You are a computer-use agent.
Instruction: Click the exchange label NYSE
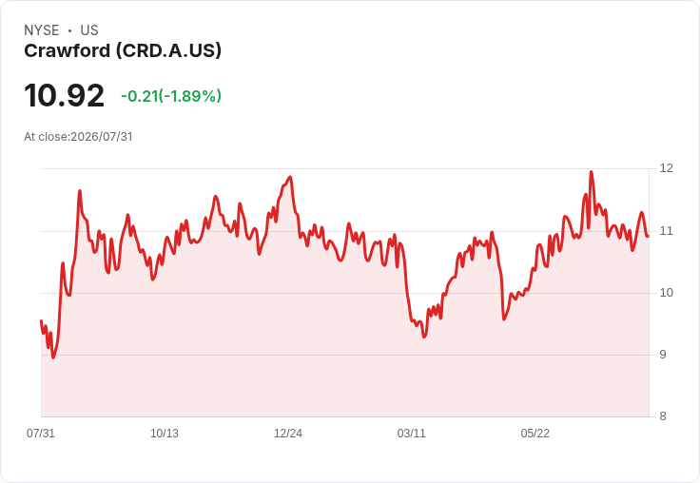[x=42, y=30]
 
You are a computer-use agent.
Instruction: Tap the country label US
[x=89, y=30]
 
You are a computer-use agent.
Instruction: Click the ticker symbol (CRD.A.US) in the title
[x=168, y=51]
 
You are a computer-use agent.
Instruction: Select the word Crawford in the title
[x=67, y=51]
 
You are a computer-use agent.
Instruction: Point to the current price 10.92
[x=65, y=96]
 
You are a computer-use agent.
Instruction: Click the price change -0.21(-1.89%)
[x=171, y=96]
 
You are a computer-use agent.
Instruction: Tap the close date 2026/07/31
[x=102, y=137]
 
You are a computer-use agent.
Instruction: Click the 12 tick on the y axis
[x=666, y=168]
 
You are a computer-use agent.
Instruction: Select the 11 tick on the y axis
[x=666, y=231]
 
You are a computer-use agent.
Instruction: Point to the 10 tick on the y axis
[x=666, y=293]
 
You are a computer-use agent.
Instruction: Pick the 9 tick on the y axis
[x=663, y=355]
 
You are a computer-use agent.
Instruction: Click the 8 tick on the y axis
[x=663, y=416]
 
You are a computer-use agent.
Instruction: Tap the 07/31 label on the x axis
[x=41, y=434]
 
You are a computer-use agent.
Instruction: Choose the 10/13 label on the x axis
[x=165, y=434]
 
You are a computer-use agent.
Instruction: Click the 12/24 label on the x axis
[x=288, y=434]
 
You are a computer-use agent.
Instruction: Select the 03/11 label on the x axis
[x=412, y=434]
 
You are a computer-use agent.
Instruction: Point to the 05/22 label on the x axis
[x=535, y=434]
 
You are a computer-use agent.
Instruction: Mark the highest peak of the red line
[x=591, y=172]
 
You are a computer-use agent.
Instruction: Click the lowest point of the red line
[x=53, y=357]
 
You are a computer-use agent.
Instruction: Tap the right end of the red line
[x=649, y=236]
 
